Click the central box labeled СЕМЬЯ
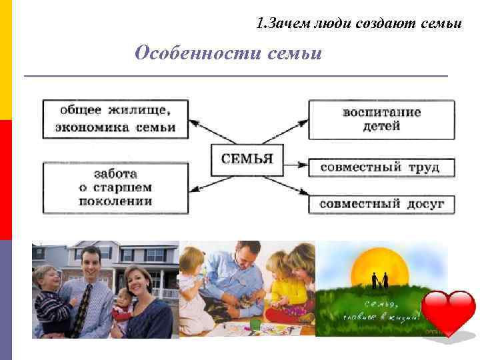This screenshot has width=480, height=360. [x=247, y=159]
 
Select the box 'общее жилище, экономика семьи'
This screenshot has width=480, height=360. [x=115, y=119]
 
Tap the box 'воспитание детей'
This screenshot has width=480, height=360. [x=381, y=119]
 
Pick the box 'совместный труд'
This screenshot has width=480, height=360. [x=381, y=167]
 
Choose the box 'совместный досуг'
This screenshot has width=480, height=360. [x=381, y=203]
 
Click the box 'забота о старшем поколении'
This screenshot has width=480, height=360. [x=115, y=188]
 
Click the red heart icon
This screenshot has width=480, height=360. [x=451, y=313]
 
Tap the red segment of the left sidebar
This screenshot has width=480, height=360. [x=5, y=180]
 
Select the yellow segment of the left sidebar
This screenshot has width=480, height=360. [x=5, y=60]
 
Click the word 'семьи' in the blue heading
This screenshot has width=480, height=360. [x=294, y=53]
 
